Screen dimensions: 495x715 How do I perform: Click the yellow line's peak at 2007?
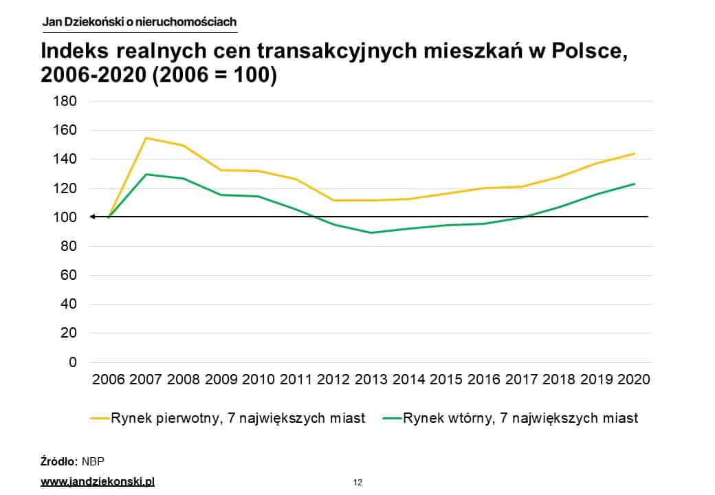[x=146, y=138]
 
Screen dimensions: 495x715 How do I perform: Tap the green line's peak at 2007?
[x=146, y=174]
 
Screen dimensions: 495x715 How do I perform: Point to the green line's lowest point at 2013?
[x=371, y=232]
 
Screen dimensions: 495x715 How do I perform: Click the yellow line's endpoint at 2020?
[x=634, y=153]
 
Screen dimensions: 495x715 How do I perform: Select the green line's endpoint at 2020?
[x=634, y=184]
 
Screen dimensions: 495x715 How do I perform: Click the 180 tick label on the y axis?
[x=65, y=101]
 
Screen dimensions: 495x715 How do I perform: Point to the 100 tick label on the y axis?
[x=65, y=217]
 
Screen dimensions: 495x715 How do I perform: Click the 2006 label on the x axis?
[x=109, y=379]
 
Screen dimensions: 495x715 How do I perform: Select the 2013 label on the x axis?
[x=371, y=379]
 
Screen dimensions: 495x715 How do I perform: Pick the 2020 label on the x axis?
[x=634, y=379]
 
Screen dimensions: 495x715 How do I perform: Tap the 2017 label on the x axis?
[x=521, y=379]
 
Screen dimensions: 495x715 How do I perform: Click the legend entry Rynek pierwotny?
[x=237, y=418]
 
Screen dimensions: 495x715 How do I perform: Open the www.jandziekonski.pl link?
[x=98, y=481]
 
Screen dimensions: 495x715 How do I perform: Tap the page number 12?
[x=357, y=482]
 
